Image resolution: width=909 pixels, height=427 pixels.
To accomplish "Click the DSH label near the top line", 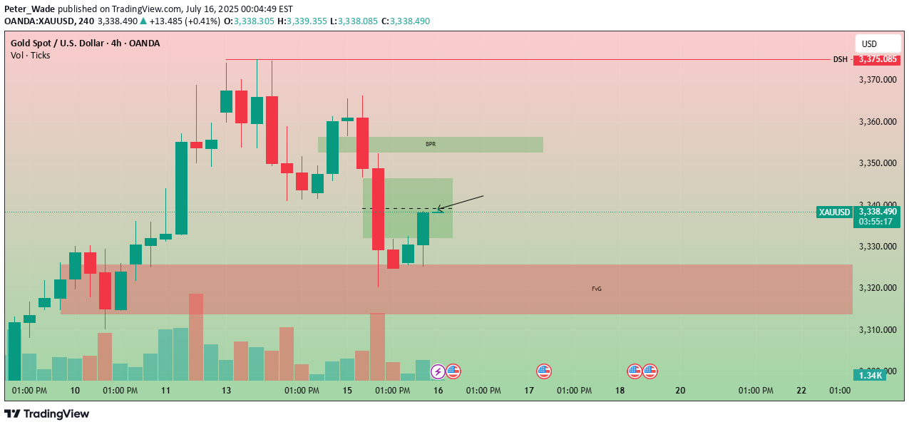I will click(x=841, y=59).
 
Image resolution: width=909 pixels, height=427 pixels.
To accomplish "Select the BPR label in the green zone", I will click(x=431, y=144).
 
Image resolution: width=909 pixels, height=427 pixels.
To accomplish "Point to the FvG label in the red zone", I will click(x=596, y=289).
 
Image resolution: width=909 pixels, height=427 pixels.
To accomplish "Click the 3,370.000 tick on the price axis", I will click(x=877, y=80).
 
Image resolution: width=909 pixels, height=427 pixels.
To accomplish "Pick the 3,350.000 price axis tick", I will click(x=877, y=163).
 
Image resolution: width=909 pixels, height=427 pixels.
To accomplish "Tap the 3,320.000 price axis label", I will click(x=877, y=288).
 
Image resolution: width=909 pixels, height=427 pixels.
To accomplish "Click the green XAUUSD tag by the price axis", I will click(x=834, y=212).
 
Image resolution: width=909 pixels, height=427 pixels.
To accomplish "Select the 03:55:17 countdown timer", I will click(x=876, y=222).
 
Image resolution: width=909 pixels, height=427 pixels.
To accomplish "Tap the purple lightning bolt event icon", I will click(x=438, y=371).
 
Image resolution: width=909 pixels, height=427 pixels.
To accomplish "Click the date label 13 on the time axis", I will click(x=227, y=391).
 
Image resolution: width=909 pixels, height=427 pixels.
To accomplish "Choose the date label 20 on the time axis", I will click(x=680, y=391).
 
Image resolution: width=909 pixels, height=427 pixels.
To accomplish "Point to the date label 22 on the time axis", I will click(x=801, y=391).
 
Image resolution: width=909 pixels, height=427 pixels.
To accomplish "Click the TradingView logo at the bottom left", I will click(x=47, y=414).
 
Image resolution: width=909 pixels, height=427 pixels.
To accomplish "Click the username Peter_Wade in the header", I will click(x=31, y=9).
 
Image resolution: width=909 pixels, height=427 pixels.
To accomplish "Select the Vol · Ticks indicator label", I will click(x=31, y=55).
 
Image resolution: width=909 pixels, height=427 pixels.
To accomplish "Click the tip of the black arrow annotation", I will click(x=436, y=210).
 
